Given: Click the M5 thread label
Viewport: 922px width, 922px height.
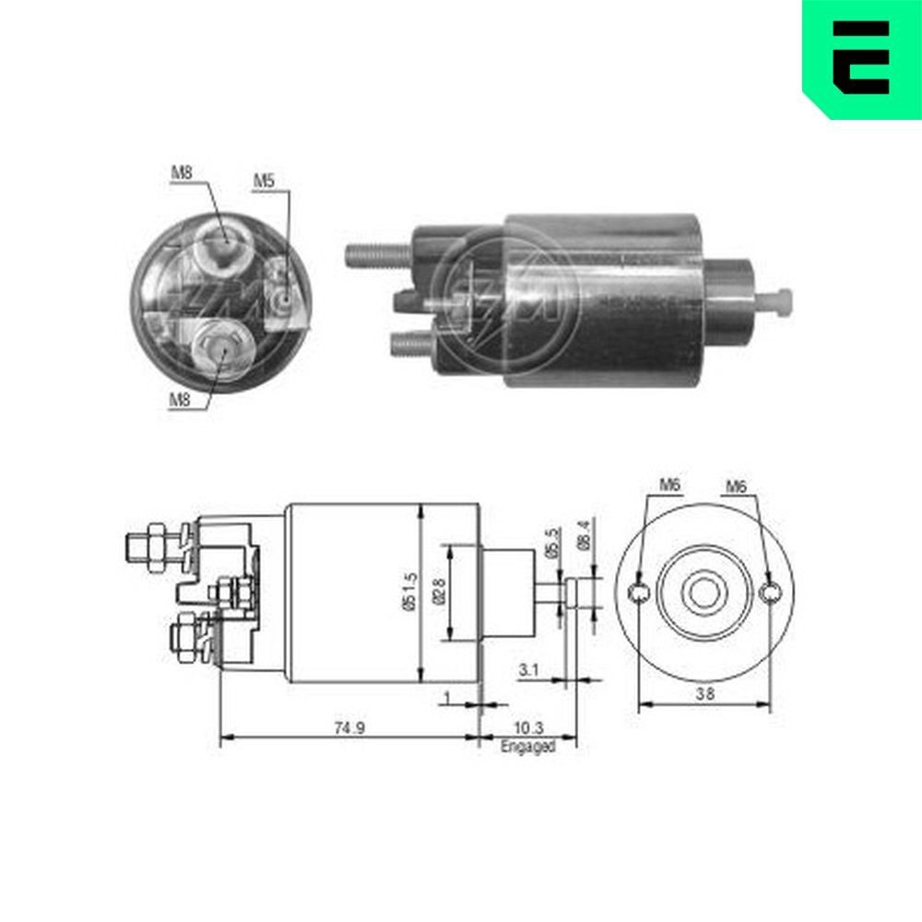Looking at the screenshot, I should [265, 182].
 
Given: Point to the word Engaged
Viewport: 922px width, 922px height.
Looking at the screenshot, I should [527, 747].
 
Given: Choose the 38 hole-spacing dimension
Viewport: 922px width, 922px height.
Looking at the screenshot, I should [704, 696].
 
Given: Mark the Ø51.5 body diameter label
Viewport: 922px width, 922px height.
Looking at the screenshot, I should [411, 590].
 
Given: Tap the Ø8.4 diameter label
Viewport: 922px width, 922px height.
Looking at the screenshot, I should [583, 535].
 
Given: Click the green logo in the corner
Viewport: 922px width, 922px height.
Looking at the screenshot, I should [861, 57].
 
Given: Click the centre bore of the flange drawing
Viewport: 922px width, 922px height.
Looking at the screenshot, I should [705, 592].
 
